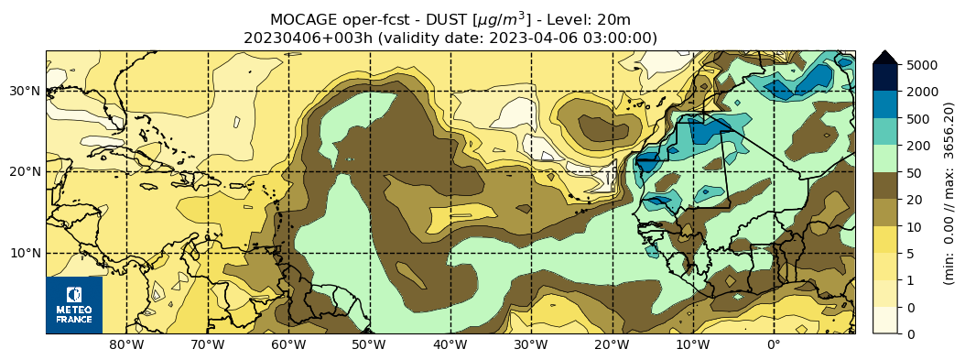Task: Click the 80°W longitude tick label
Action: pos(126,345)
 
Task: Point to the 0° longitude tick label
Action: pos(774,345)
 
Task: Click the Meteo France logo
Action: pos(74,305)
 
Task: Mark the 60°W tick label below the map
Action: pos(288,345)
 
